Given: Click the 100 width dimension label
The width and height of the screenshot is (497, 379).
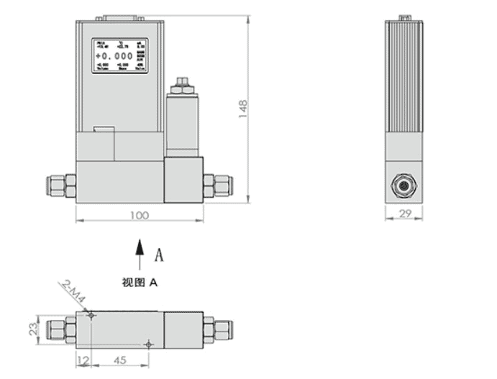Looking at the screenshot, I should [x=140, y=215].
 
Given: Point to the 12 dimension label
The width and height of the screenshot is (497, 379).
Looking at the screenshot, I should [x=83, y=359].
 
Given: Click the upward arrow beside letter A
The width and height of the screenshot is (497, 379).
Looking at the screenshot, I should [x=140, y=255].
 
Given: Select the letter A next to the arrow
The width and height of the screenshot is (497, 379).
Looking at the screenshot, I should [x=160, y=254].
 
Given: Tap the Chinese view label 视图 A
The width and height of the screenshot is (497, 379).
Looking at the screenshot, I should [x=140, y=283].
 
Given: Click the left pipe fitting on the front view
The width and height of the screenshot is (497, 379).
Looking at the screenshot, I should [x=62, y=185].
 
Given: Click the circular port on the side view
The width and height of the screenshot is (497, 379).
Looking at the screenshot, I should [x=404, y=184].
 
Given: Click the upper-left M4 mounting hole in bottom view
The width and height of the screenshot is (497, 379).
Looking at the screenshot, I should [x=90, y=315].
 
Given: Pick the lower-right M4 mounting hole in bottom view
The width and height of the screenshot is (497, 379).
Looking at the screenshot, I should [x=148, y=344].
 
